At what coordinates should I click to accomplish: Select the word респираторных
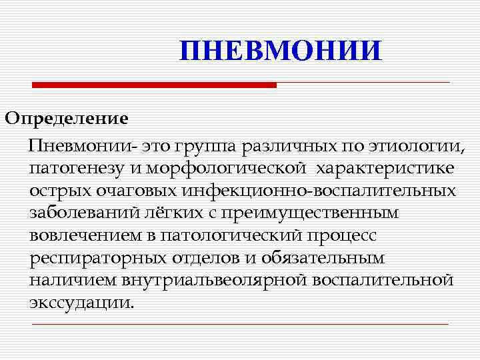99,259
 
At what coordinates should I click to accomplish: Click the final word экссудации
81,303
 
